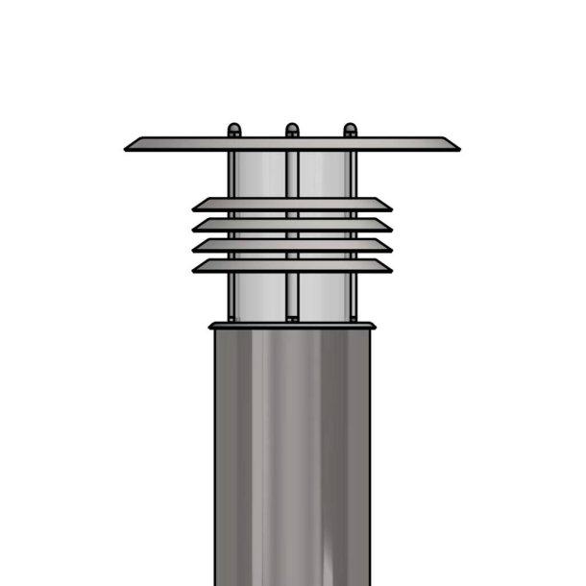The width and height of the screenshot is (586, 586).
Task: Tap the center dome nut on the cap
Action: coord(292,130)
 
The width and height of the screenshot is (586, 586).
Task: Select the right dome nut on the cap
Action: coord(350,130)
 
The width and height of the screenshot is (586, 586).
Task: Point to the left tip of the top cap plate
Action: coord(128,147)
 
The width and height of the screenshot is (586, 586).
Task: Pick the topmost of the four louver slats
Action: coord(292,205)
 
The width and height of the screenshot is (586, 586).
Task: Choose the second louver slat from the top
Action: coord(292,225)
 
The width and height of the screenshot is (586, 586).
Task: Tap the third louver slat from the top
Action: coord(292,245)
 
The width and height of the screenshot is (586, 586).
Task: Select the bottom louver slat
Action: coord(292,265)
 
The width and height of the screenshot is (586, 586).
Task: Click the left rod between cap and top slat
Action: coord(232,175)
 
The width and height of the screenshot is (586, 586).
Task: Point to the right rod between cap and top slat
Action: coord(352,175)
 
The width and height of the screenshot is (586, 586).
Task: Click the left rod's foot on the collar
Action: coord(232,318)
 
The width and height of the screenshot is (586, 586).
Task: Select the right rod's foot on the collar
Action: coord(353,318)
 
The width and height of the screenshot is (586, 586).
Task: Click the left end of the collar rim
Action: coord(211,327)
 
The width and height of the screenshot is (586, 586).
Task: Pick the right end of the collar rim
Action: coord(373,327)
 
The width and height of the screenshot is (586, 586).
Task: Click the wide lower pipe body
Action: coord(292,452)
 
